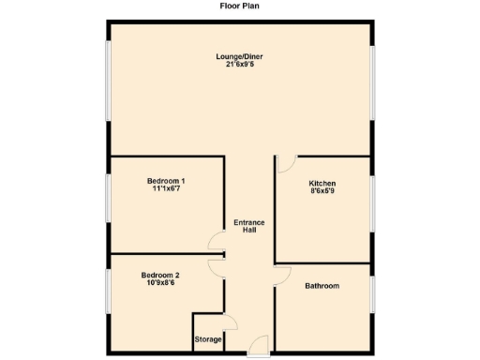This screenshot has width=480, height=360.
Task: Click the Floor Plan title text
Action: (x=240, y=6)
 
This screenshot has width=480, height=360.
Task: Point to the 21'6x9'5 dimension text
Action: (x=239, y=66)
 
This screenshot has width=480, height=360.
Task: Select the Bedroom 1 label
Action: (x=166, y=180)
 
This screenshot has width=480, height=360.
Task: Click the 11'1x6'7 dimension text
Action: (x=166, y=188)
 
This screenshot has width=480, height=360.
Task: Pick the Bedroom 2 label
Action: (x=160, y=275)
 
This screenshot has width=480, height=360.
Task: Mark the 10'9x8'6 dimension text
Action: (x=160, y=283)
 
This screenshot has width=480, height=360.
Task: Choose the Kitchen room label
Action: (x=322, y=184)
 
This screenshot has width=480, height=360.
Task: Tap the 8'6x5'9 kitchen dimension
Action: (x=322, y=192)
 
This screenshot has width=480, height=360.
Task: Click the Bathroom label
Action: (x=322, y=286)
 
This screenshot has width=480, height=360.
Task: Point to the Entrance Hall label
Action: (x=249, y=226)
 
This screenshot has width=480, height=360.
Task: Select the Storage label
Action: (x=207, y=338)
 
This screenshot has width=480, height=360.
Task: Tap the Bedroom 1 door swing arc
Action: (x=217, y=246)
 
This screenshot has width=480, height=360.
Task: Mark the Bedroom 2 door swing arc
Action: (x=216, y=267)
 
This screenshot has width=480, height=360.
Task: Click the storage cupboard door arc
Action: (x=232, y=322)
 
